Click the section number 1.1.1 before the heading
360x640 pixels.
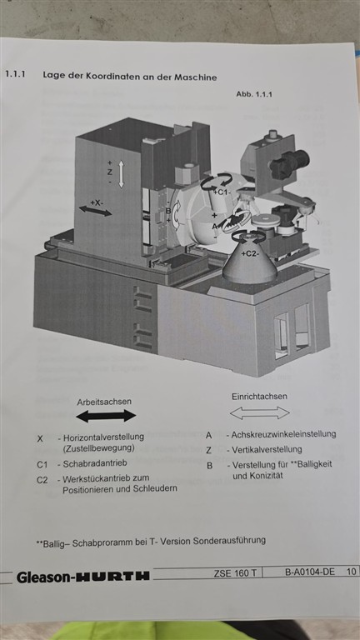pos(15,75)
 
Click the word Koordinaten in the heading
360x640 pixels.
pos(107,77)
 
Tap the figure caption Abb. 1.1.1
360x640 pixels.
pos(254,94)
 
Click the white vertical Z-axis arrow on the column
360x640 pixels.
pos(121,174)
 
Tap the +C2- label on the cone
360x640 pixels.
pos(250,254)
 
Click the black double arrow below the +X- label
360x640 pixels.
pos(95,211)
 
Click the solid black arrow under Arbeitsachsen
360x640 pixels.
pos(106,416)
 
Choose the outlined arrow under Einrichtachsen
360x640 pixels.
pos(260,412)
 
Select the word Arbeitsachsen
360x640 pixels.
pos(104,402)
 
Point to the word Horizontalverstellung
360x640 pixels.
pos(103,437)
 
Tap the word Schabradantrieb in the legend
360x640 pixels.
pos(95,463)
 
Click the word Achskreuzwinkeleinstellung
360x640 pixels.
pos(283,434)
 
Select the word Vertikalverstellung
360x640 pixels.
pos(267,450)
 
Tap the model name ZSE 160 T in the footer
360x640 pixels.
pos(235,572)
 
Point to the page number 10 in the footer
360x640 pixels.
pos(352,571)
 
